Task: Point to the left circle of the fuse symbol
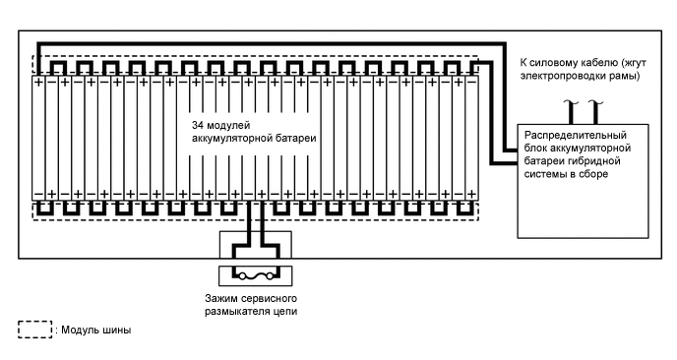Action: point(241,276)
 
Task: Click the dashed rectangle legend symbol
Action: point(33,330)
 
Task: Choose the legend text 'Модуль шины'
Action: point(94,330)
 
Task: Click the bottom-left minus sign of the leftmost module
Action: point(39,194)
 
